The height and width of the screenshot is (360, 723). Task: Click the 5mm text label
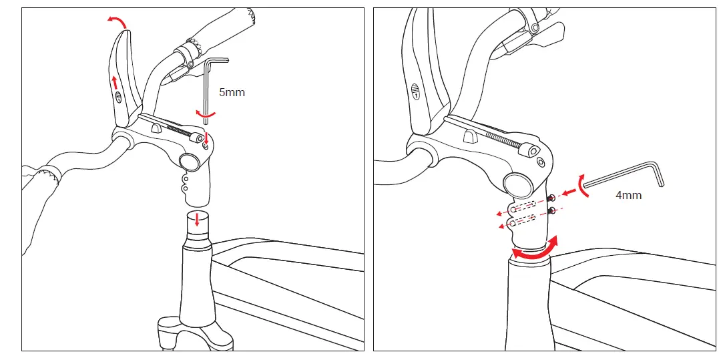tap(232, 92)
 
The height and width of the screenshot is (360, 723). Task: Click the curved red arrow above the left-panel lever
tap(117, 23)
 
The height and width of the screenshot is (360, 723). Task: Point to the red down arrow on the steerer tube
tap(197, 219)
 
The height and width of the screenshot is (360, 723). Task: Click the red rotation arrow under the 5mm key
tap(206, 114)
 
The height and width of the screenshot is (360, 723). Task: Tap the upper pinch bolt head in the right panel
tap(551, 199)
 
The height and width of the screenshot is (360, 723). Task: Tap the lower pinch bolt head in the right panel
tap(551, 211)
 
